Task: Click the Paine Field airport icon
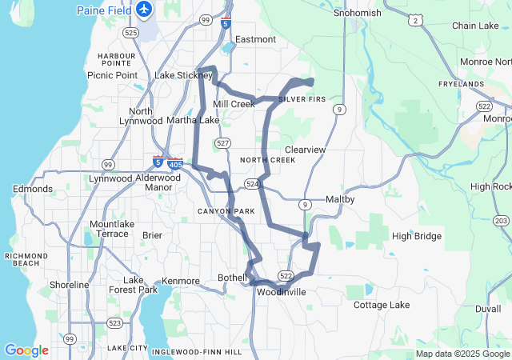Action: pos(144,10)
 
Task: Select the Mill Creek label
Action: pos(234,104)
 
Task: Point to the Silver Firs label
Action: pos(303,98)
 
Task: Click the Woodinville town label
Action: pos(282,292)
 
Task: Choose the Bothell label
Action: pos(233,278)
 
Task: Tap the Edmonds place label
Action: pos(33,189)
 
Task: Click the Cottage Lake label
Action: pos(382,305)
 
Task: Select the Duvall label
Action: pos(488,308)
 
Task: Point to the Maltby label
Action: pos(341,199)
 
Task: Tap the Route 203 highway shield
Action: pos(502,220)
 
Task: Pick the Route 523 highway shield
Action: pos(115,323)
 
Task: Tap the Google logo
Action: pos(26,350)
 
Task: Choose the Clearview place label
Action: pos(306,150)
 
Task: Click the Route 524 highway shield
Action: pos(253,183)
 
